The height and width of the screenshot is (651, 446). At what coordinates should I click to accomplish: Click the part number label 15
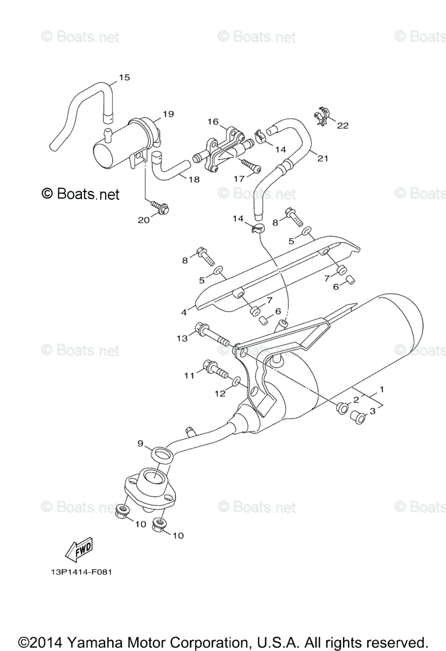125,78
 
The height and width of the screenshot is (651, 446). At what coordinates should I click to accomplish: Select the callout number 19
167,114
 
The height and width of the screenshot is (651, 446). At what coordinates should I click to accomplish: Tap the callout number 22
342,126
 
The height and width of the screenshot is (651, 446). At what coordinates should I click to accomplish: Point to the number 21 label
323,158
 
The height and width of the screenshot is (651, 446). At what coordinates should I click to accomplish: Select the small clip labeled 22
322,116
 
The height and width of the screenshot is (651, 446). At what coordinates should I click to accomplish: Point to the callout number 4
184,312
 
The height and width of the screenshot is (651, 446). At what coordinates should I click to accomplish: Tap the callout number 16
211,122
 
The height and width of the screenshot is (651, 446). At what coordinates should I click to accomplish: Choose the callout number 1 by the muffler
382,389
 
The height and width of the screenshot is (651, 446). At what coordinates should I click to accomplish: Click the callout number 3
372,412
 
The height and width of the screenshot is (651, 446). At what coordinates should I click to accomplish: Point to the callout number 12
219,394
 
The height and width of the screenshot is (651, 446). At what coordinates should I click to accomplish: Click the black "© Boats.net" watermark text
80,193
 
